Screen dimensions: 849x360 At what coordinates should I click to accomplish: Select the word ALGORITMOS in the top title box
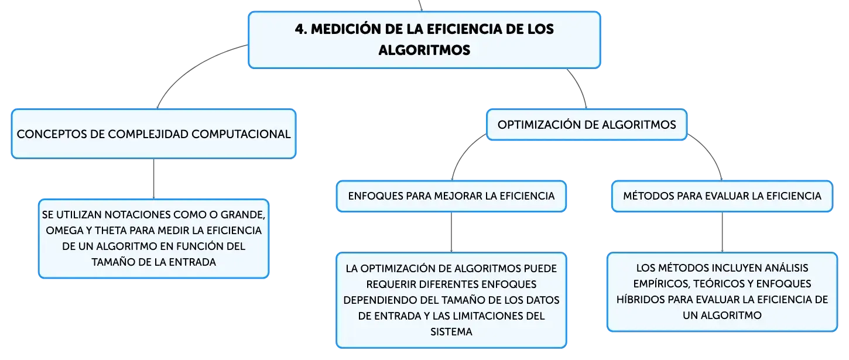click(424, 50)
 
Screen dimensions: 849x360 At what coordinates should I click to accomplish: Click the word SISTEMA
click(451, 332)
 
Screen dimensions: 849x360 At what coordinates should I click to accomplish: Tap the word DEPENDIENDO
click(380, 300)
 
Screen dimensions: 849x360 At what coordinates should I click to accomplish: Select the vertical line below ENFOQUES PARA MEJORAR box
click(451, 232)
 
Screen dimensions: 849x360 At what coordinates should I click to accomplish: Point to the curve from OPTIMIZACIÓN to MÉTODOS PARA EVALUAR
click(711, 151)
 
